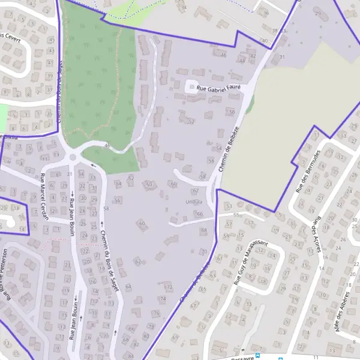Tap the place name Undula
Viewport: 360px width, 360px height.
point(192,202)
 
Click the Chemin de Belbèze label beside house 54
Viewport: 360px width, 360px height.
point(229,150)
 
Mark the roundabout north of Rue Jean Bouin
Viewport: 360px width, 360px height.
point(73,157)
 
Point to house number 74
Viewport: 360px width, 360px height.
point(163,299)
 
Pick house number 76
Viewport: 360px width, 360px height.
point(156,313)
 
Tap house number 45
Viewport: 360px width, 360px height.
point(52,40)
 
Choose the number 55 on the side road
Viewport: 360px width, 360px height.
point(236,214)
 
